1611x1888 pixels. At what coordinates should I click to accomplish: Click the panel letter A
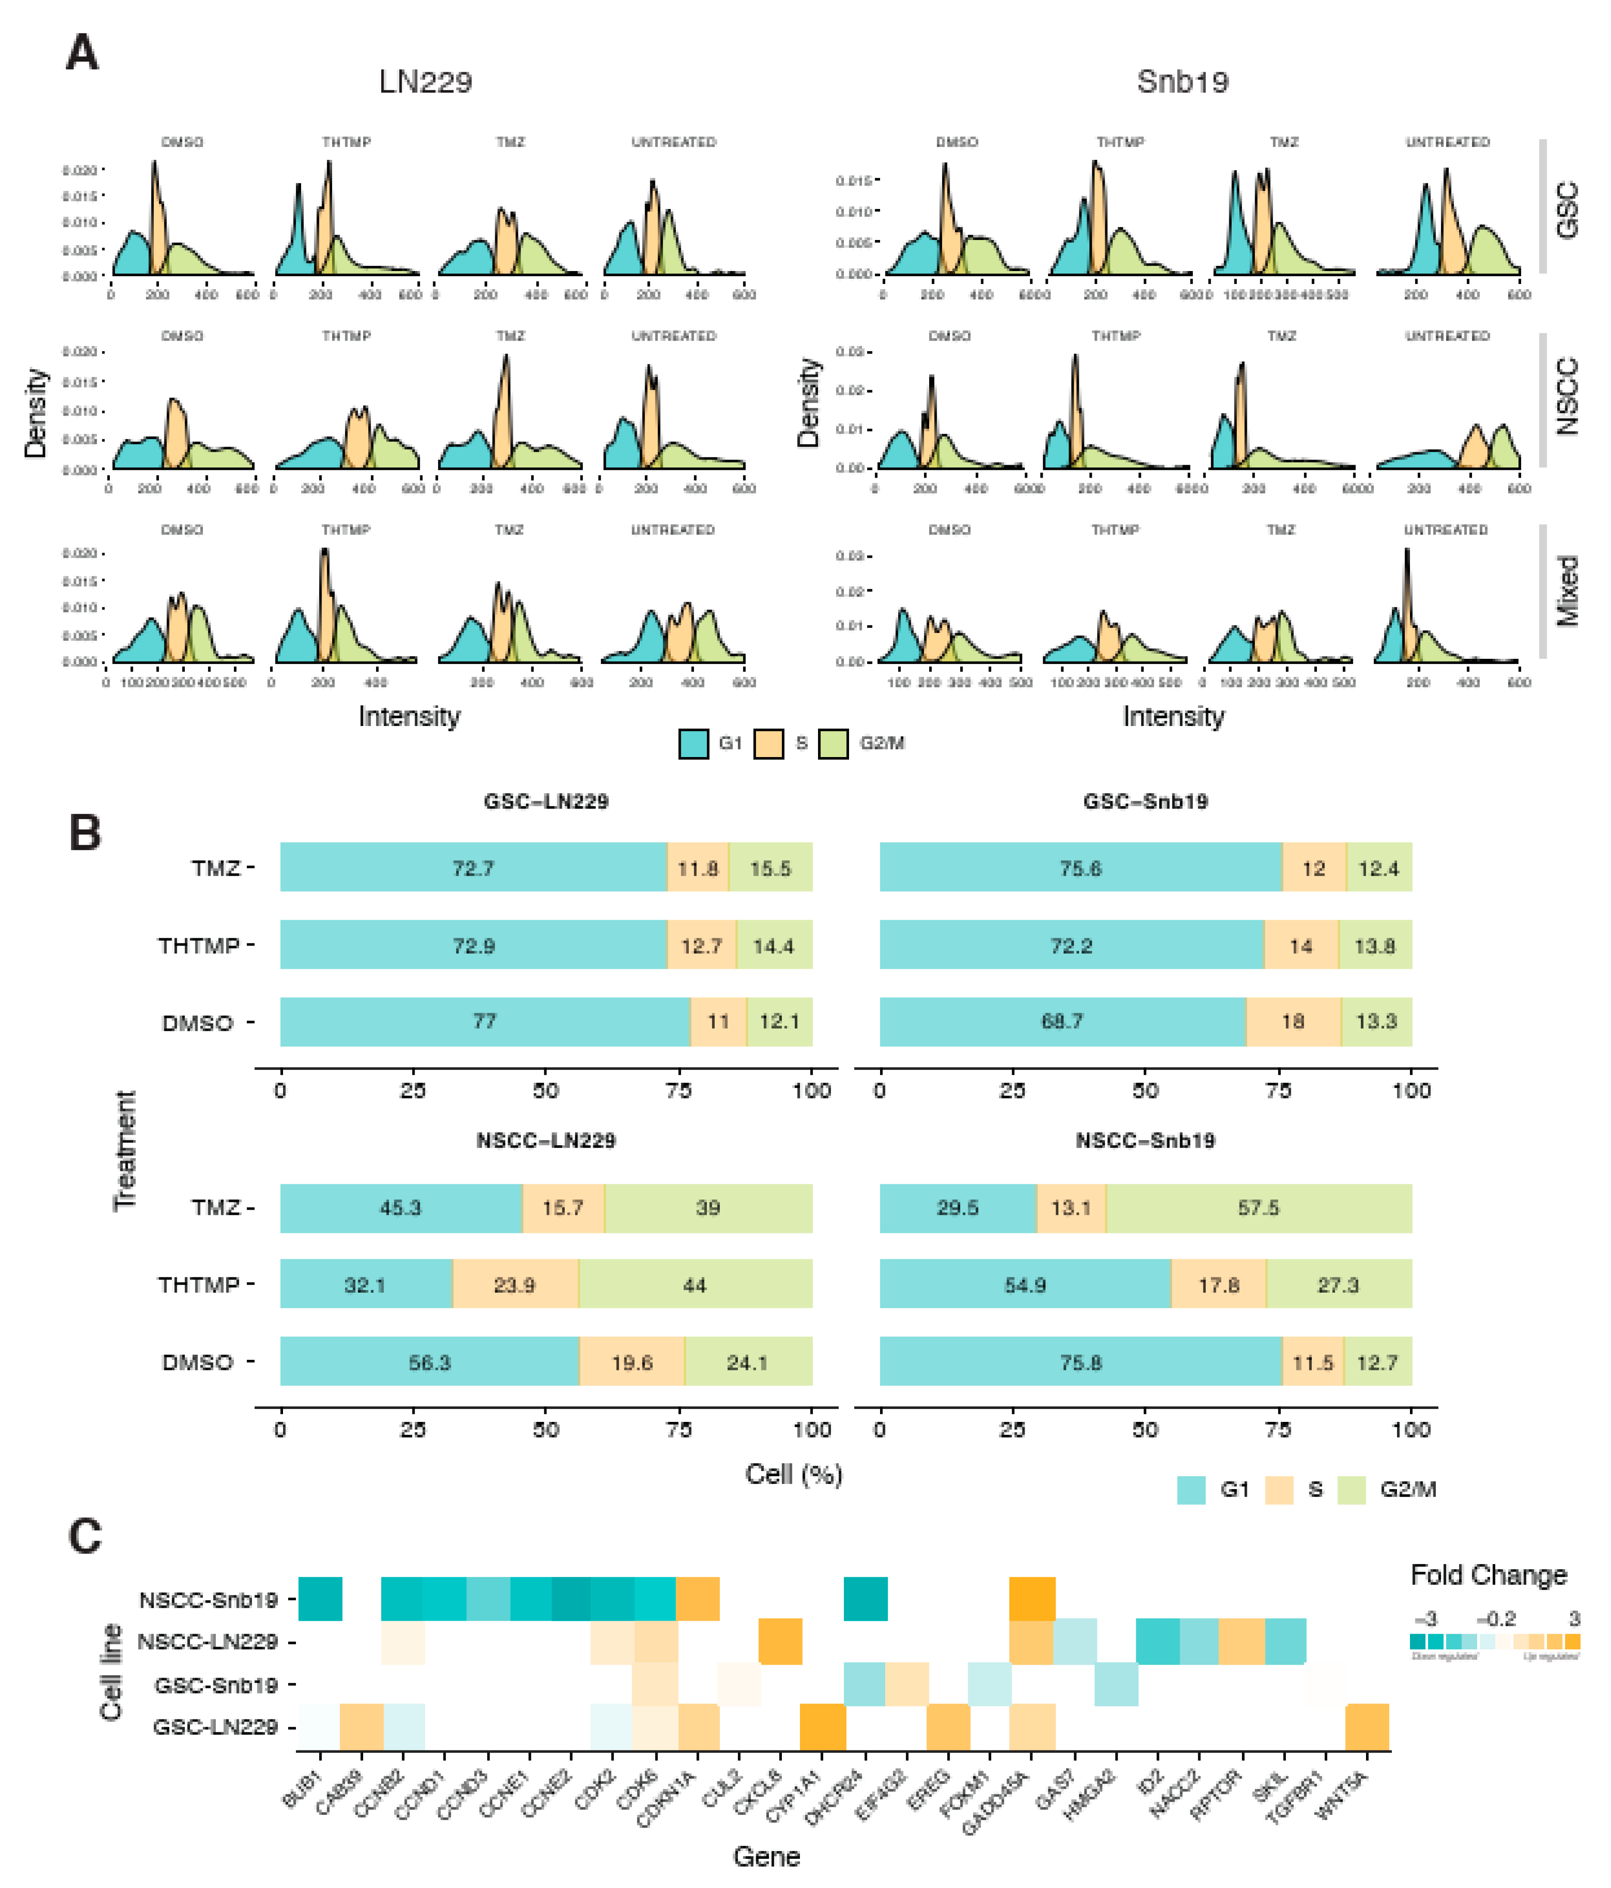(82, 53)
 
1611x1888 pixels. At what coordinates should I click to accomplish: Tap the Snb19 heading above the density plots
(1182, 82)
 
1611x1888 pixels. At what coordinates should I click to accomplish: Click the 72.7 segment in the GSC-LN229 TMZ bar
(473, 867)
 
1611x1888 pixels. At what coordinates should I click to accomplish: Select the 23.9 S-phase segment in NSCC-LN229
(515, 1285)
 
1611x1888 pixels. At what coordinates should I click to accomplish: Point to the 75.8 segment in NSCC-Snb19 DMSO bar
(1081, 1362)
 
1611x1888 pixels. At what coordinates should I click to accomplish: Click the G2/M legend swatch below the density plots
(833, 744)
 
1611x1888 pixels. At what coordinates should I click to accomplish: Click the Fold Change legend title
(1488, 1574)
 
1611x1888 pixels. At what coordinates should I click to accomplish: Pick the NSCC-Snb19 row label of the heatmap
(208, 1600)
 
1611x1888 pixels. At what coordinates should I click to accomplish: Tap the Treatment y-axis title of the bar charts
(125, 1150)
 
